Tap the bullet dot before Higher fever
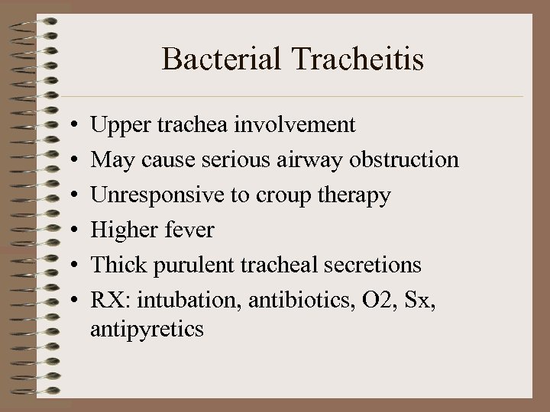[x=70, y=230]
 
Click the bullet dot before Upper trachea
[x=70, y=125]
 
